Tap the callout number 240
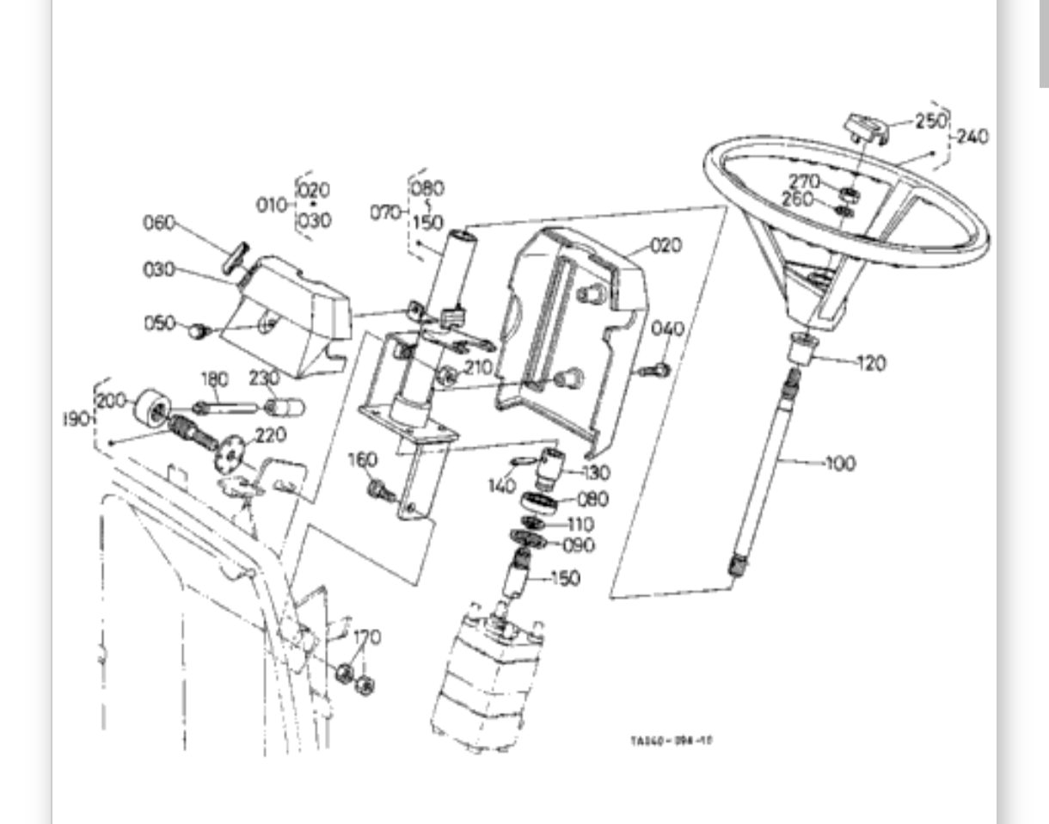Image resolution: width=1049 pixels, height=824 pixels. (x=972, y=137)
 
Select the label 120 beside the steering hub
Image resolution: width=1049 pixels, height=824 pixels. (x=872, y=363)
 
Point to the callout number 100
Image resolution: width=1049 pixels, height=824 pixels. (x=840, y=464)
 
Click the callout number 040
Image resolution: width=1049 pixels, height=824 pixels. (x=667, y=329)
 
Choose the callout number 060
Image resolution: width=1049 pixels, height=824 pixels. (x=158, y=224)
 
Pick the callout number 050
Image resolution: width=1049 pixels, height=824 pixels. (x=159, y=323)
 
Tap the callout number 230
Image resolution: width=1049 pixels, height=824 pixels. (x=264, y=378)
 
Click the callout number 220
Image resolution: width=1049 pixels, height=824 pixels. (x=270, y=435)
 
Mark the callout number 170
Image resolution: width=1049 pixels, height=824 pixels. (x=367, y=637)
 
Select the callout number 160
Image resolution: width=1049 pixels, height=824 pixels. (x=363, y=460)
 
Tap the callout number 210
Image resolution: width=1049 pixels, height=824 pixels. (x=477, y=367)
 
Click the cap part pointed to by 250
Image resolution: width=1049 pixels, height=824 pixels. (x=863, y=126)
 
